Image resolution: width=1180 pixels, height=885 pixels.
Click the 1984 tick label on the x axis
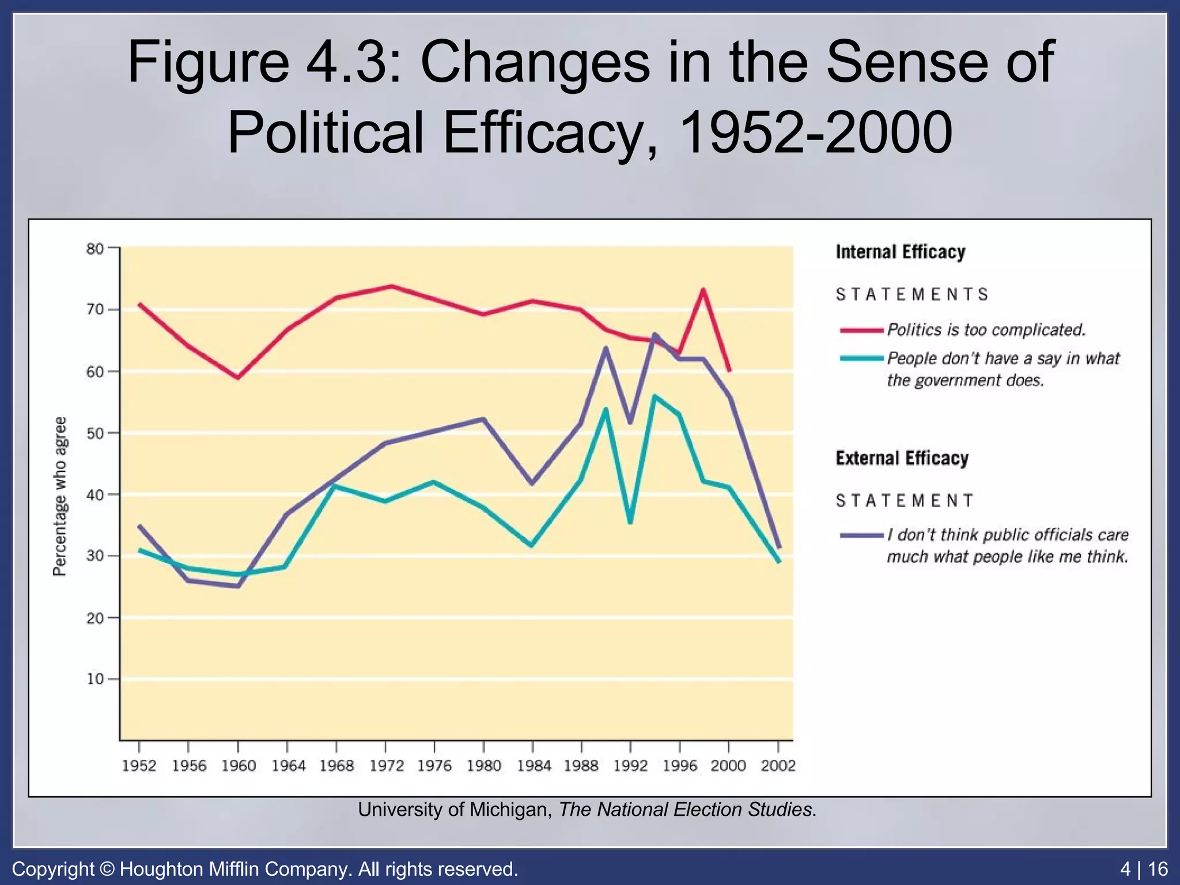point(534,766)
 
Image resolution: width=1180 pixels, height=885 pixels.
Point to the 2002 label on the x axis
point(778,766)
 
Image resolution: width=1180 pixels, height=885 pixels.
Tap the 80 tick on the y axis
point(95,249)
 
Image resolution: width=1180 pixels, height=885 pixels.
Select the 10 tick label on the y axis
point(95,679)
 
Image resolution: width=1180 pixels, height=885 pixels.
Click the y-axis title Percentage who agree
point(60,496)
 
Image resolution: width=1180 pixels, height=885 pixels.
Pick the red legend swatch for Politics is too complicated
point(861,330)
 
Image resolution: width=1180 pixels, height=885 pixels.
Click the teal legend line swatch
point(861,358)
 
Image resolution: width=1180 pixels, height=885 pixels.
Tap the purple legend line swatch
point(861,535)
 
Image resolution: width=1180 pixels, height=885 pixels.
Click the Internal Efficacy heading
point(900,252)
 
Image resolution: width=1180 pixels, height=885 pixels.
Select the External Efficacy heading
point(902,458)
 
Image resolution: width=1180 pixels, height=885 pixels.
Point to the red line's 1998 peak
point(704,290)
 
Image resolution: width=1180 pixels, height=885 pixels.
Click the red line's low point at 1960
point(238,378)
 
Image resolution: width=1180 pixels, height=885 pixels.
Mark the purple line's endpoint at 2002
point(779,547)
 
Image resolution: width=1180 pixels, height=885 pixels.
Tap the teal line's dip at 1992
point(630,522)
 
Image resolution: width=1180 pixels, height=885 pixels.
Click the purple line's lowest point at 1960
point(238,587)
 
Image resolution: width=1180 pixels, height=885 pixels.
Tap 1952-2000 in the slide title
point(815,133)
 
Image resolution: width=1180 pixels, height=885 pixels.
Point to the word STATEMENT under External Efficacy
point(905,501)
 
